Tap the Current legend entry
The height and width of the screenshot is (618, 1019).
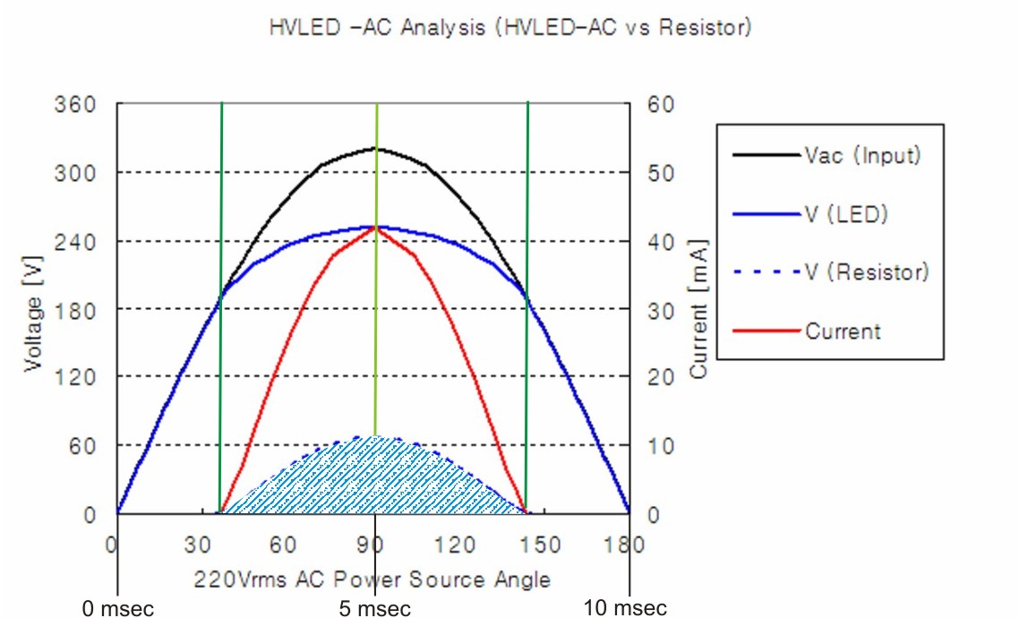843,331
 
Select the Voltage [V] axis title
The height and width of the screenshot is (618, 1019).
34,309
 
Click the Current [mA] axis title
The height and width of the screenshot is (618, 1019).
698,309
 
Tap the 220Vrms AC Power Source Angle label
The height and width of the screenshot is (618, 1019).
372,579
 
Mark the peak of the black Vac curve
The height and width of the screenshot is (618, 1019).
376,149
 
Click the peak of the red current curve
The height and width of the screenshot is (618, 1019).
375,227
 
